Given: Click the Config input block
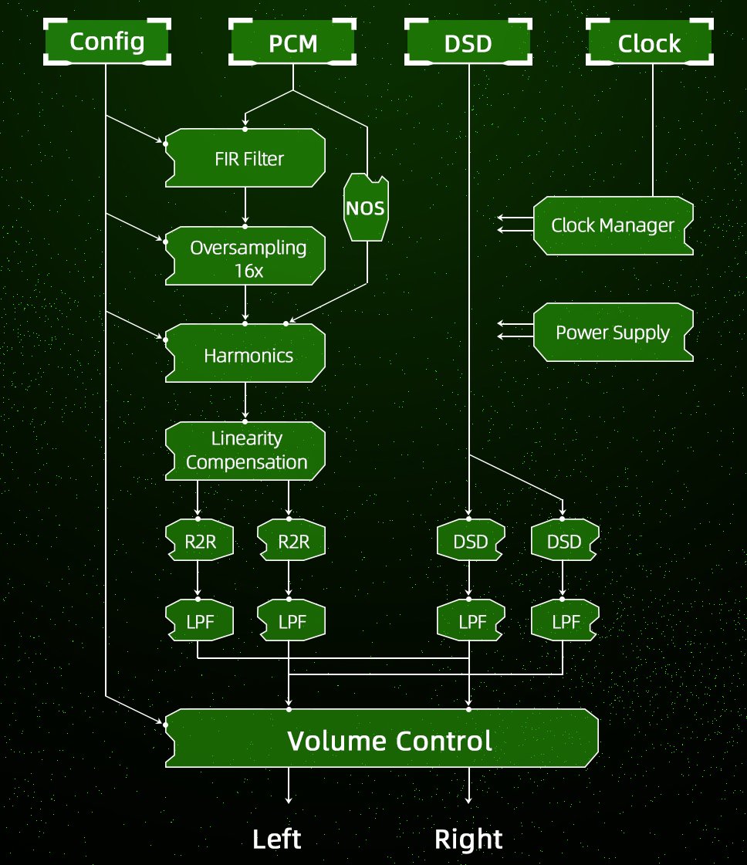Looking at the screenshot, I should (106, 42).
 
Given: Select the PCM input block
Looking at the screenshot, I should (292, 43).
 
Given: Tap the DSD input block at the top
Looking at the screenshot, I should (468, 43).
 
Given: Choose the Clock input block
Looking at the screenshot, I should (649, 43).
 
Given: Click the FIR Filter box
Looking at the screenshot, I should (245, 159).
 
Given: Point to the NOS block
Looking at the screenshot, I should (366, 208).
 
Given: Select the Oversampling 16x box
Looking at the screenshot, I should (245, 257).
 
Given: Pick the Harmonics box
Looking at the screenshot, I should (245, 355).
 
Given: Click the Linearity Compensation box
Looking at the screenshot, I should (245, 451).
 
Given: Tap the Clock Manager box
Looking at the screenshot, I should (613, 225).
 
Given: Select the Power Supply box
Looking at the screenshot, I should (613, 333).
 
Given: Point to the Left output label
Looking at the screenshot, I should (277, 839).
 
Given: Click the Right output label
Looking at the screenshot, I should (468, 839).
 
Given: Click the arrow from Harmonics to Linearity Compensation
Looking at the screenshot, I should (245, 401).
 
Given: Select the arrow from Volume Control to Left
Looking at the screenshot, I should (289, 787).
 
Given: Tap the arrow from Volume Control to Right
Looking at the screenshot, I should (468, 787).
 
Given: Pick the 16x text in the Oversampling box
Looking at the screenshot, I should (248, 271).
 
